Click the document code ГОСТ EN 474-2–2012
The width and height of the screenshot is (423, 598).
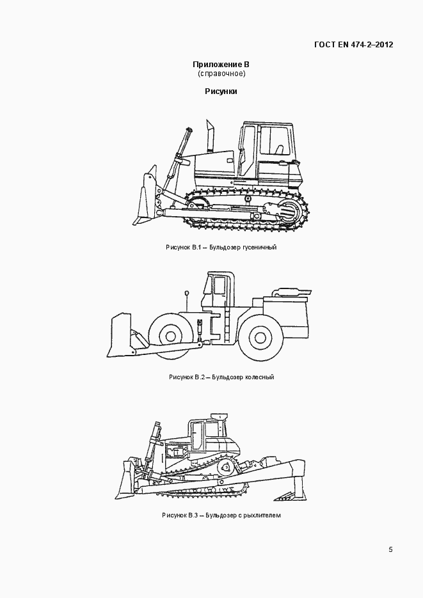[354, 45]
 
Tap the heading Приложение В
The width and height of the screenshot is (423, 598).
[221, 65]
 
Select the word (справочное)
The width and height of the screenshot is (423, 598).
[221, 74]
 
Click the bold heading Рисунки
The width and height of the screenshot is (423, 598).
[221, 91]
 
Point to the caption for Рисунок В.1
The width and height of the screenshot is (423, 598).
[221, 247]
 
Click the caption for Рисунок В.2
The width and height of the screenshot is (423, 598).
[221, 377]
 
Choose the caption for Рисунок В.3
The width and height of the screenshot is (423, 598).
[221, 515]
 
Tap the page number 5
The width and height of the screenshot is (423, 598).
[390, 549]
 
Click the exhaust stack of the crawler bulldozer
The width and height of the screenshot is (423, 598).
[210, 136]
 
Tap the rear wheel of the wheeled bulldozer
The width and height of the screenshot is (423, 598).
[260, 338]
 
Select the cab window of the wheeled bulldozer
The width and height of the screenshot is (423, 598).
[219, 286]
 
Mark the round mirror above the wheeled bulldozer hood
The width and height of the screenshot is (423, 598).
[187, 293]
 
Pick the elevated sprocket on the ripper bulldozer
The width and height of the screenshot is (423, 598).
[226, 467]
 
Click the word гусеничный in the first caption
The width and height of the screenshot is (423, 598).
[259, 247]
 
